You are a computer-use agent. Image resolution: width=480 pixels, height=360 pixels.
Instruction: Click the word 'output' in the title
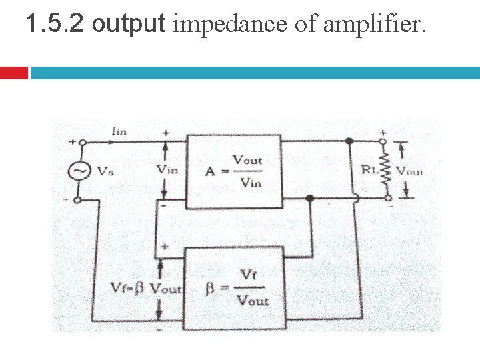pos(128,25)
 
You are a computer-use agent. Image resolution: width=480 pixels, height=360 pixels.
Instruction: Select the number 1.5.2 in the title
pos(56,25)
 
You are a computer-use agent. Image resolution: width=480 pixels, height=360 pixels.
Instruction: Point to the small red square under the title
pos(13,73)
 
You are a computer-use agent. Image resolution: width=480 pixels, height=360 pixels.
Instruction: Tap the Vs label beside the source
pos(105,171)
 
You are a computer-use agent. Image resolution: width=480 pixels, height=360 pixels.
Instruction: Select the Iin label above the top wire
pos(118,131)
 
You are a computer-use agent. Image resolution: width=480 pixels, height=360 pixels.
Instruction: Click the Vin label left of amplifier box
pos(167,169)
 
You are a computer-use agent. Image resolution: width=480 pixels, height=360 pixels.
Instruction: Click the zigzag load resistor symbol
pos(383,169)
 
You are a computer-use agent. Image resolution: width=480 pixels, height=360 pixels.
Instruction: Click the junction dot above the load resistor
pos(349,141)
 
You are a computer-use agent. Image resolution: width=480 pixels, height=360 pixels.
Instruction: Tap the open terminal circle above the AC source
pos(78,142)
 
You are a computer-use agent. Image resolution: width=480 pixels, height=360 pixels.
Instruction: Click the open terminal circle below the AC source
pos(78,199)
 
